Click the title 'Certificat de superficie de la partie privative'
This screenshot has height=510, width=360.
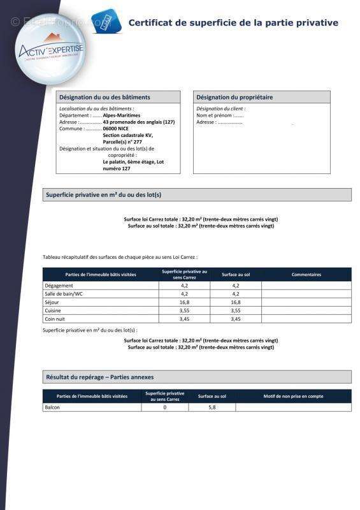(x=233, y=23)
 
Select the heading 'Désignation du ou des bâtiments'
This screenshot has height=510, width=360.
(x=104, y=98)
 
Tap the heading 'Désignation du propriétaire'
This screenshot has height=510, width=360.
(x=234, y=98)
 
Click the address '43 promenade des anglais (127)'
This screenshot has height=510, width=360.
(x=138, y=122)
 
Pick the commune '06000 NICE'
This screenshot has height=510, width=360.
(x=115, y=129)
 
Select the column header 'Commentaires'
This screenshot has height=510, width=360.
(x=306, y=275)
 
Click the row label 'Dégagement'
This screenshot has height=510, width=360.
(x=58, y=286)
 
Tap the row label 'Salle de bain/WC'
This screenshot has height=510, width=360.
(x=64, y=294)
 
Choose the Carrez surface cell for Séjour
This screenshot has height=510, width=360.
(x=184, y=302)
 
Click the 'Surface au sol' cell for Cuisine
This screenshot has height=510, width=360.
(x=236, y=310)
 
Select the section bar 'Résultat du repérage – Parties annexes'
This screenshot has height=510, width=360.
(x=99, y=377)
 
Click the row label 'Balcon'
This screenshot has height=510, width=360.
(x=53, y=407)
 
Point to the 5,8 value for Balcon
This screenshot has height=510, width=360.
(x=212, y=407)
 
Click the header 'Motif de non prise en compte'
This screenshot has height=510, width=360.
(x=293, y=396)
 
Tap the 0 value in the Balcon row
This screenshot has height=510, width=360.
(x=164, y=407)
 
